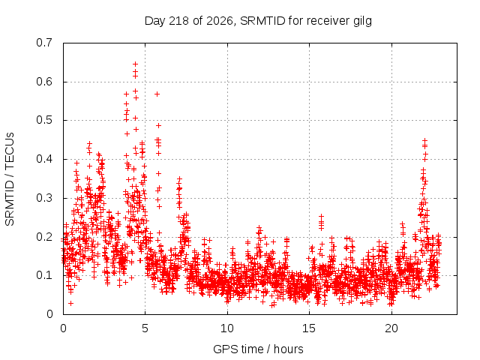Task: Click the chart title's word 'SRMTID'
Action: pyautogui.click(x=262, y=21)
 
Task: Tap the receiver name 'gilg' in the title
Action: pyautogui.click(x=362, y=22)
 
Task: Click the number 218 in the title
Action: pyautogui.click(x=179, y=21)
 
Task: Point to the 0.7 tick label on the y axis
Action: pyautogui.click(x=44, y=43)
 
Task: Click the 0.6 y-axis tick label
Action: pyautogui.click(x=44, y=82)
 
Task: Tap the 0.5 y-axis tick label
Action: pyautogui.click(x=44, y=120)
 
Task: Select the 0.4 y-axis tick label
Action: pyautogui.click(x=44, y=159)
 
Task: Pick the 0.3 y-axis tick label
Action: pyautogui.click(x=44, y=198)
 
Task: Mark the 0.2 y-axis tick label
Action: pyautogui.click(x=44, y=237)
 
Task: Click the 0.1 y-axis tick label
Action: pyautogui.click(x=44, y=275)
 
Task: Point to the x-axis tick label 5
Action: pyautogui.click(x=145, y=328)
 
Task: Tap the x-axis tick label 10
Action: pyautogui.click(x=227, y=328)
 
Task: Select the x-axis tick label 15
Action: pyautogui.click(x=309, y=328)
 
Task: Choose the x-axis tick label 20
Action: pyautogui.click(x=391, y=328)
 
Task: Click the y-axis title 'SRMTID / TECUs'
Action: pyautogui.click(x=10, y=179)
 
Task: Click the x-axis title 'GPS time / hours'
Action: pyautogui.click(x=258, y=349)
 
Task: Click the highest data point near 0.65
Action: pyautogui.click(x=135, y=64)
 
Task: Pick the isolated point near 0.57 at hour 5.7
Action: pyautogui.click(x=157, y=94)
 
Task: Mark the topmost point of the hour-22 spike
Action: pyautogui.click(x=424, y=140)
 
